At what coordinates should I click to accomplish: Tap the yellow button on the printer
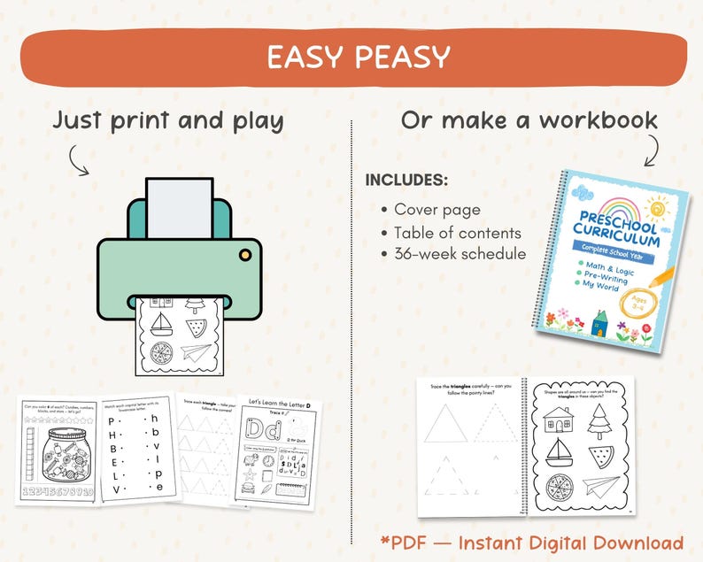(244, 256)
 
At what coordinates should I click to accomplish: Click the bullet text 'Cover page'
(436, 210)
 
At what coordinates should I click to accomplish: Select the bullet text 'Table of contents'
(457, 233)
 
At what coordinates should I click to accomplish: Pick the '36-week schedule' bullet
(460, 255)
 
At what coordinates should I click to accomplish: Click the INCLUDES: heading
(406, 181)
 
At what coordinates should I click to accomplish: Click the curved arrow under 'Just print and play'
(81, 159)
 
